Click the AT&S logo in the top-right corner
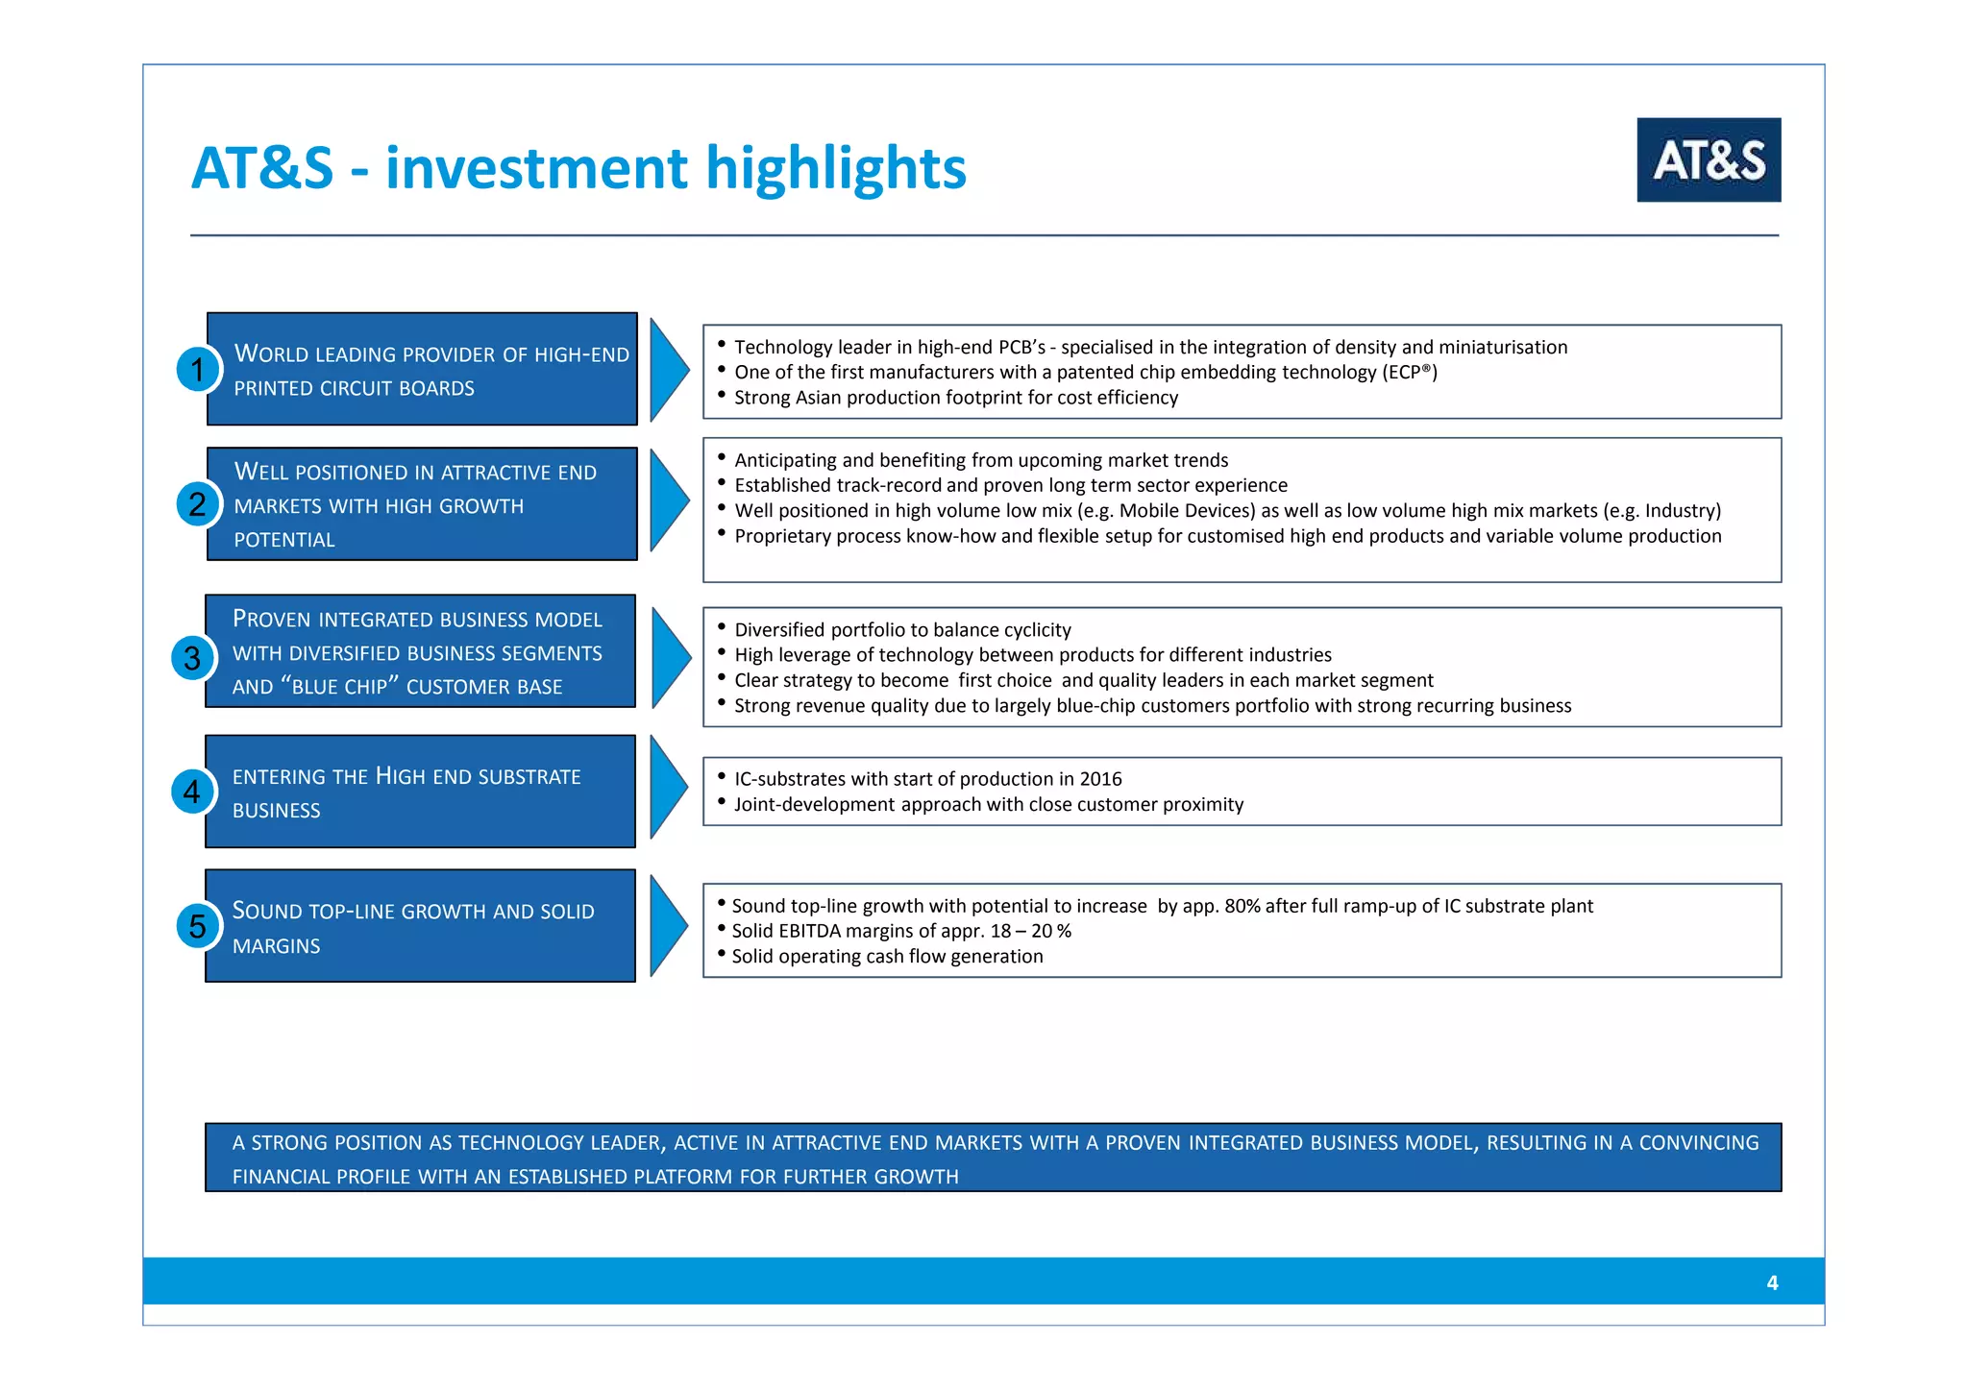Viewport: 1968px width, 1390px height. (x=1708, y=159)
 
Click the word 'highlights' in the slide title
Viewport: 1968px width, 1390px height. (x=835, y=168)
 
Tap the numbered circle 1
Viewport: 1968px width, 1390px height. (x=197, y=370)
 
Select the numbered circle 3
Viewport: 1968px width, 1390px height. (x=192, y=658)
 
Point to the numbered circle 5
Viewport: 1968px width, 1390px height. (x=197, y=926)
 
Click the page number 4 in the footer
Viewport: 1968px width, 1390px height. (x=1772, y=1282)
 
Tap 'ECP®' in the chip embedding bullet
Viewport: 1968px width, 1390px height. (x=1409, y=373)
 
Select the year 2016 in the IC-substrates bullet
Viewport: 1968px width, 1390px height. (x=1100, y=779)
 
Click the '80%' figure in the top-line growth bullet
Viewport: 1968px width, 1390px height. (x=1242, y=906)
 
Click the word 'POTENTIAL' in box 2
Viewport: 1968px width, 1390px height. (x=284, y=540)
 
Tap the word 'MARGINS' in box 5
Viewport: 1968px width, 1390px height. (x=276, y=946)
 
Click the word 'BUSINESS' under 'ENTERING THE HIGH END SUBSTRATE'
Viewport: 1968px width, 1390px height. (x=276, y=811)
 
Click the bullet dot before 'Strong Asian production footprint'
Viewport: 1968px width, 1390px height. (x=721, y=395)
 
